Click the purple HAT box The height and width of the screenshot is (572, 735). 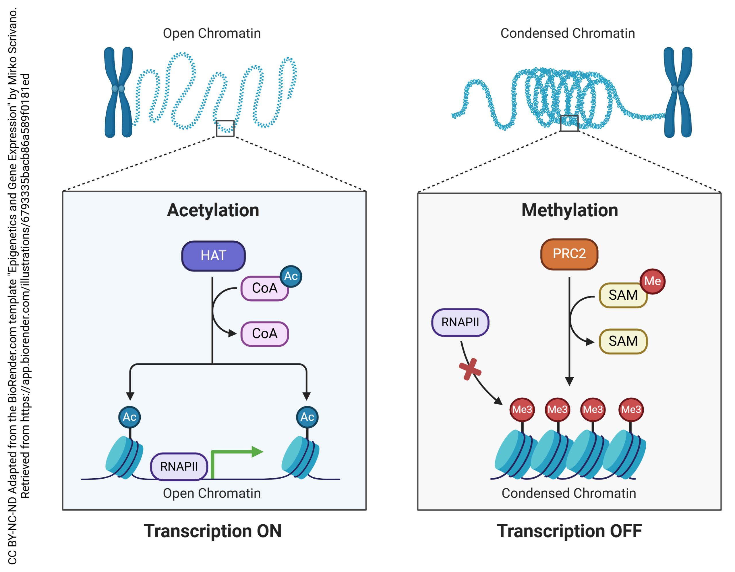pyautogui.click(x=213, y=256)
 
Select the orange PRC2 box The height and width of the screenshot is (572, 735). pyautogui.click(x=569, y=254)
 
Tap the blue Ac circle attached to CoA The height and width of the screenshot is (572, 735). pyautogui.click(x=291, y=276)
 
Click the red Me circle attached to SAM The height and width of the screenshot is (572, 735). pyautogui.click(x=652, y=282)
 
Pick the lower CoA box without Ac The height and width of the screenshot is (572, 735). pyautogui.click(x=264, y=334)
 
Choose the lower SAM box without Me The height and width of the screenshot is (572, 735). pyautogui.click(x=623, y=341)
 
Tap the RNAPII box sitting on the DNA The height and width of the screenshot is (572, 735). pyautogui.click(x=179, y=467)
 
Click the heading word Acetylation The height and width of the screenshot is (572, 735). pyautogui.click(x=213, y=210)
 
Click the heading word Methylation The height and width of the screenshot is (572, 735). pyautogui.click(x=569, y=210)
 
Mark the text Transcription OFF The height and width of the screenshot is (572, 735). pyautogui.click(x=569, y=531)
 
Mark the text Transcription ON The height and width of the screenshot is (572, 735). pyautogui.click(x=213, y=531)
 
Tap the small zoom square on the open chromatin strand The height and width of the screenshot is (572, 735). pyautogui.click(x=225, y=128)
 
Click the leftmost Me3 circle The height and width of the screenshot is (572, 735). pyautogui.click(x=522, y=409)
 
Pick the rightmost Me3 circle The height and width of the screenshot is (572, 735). pyautogui.click(x=631, y=409)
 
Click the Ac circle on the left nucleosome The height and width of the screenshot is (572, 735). pyautogui.click(x=129, y=417)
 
